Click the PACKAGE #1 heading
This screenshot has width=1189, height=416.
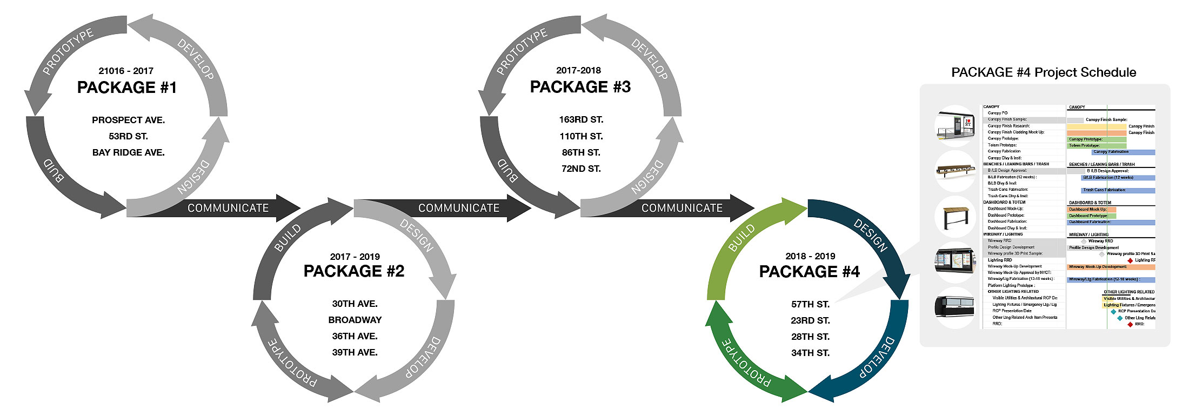click(127, 88)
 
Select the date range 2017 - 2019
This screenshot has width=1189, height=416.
click(355, 257)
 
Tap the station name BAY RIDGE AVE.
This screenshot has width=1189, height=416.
click(128, 152)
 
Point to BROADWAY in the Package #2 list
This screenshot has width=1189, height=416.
click(355, 320)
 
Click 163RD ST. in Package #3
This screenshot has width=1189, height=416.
click(581, 119)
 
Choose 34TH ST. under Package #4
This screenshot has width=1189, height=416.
click(810, 353)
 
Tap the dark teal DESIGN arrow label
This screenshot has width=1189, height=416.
click(870, 236)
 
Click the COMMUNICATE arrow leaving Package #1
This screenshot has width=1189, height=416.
click(228, 208)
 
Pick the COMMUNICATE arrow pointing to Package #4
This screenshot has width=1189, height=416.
click(682, 208)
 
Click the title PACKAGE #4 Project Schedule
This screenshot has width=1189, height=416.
click(1043, 72)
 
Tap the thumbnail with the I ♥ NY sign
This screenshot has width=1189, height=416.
click(956, 126)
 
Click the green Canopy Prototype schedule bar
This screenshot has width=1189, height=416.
click(1096, 139)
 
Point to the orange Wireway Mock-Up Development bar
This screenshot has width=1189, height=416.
click(1111, 267)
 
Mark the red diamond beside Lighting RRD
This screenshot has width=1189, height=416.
click(1130, 260)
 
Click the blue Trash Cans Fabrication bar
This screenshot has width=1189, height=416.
click(1118, 190)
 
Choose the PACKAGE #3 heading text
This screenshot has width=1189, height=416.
click(580, 87)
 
